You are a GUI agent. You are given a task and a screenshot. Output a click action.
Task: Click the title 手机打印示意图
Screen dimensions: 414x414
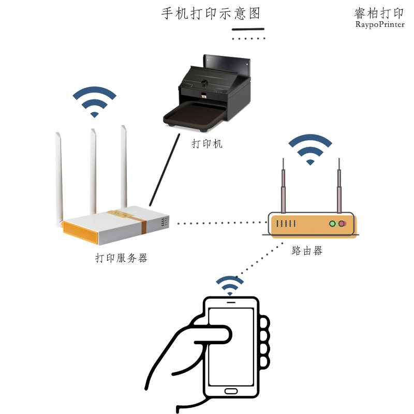coord(210,13)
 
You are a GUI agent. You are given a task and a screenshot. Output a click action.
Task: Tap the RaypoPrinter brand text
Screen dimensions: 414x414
coord(379,24)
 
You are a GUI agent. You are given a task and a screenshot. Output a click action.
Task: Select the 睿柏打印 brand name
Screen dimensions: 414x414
coord(379,13)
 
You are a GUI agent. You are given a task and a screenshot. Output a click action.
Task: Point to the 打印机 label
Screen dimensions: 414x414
coord(207,144)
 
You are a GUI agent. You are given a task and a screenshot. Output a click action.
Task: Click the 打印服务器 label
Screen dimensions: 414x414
coord(121,258)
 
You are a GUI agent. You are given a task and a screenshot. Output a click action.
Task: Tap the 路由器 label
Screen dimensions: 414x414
coord(306,251)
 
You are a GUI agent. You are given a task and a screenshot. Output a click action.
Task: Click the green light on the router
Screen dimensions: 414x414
coord(333,224)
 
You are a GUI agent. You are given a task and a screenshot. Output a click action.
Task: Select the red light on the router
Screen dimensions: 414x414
coord(342,224)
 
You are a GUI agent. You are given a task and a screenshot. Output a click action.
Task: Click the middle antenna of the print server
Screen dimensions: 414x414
coord(93,171)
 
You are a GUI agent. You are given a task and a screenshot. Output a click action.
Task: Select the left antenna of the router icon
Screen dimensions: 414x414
coord(283,186)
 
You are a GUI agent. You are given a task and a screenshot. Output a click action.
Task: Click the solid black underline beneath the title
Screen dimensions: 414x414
coord(248,29)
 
